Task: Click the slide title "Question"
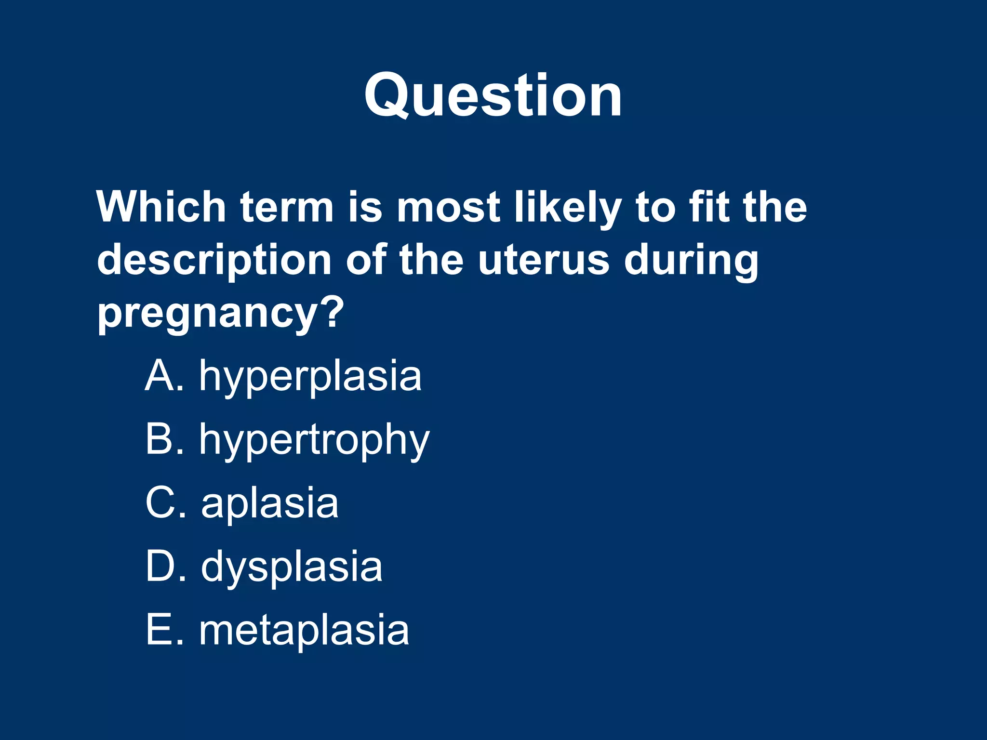[x=493, y=95]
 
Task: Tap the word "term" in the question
[x=287, y=207]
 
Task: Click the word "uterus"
[x=544, y=260]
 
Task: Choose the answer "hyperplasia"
[x=310, y=377]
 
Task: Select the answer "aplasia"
[x=270, y=503]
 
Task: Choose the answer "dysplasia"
[x=292, y=567]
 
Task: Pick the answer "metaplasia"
[x=304, y=630]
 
